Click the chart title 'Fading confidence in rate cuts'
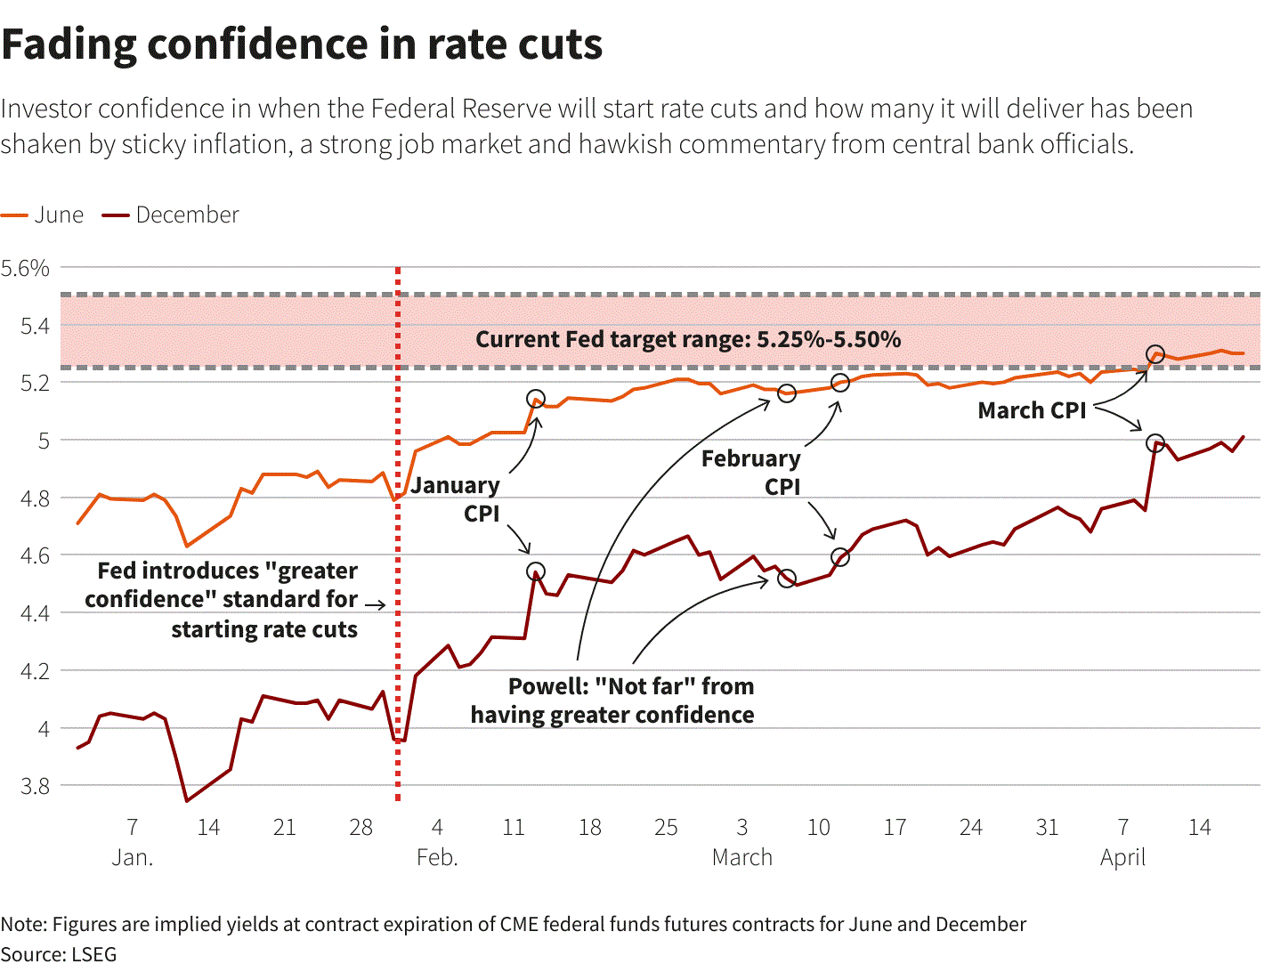coord(302,45)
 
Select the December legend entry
coord(170,215)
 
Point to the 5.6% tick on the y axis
coord(25,268)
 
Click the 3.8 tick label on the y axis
coord(35,786)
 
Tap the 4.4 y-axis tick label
coord(35,613)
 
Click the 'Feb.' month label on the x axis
coord(437,857)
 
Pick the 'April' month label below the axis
coord(1122,857)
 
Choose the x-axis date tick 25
coord(666,828)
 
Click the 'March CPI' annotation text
coord(1032,410)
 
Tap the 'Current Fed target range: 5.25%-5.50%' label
coord(688,339)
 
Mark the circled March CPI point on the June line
coord(1155,354)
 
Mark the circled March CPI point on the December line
coord(1155,443)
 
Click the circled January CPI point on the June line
coord(536,399)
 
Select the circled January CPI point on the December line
coord(536,571)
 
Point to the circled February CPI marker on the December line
coord(840,557)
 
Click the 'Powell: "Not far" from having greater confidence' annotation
coord(612,701)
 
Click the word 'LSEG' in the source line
coord(93,954)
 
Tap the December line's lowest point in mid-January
coord(187,801)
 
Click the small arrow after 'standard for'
coord(376,605)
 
